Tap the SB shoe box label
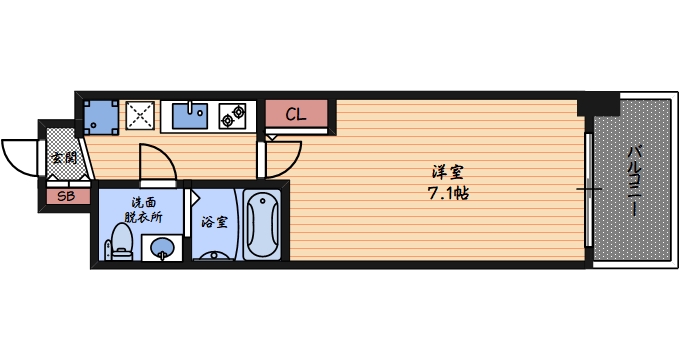(66, 196)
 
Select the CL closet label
(296, 114)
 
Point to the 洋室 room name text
(447, 171)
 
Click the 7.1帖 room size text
(447, 192)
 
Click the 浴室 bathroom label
(214, 222)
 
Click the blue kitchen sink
(190, 114)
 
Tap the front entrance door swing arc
(20, 155)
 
